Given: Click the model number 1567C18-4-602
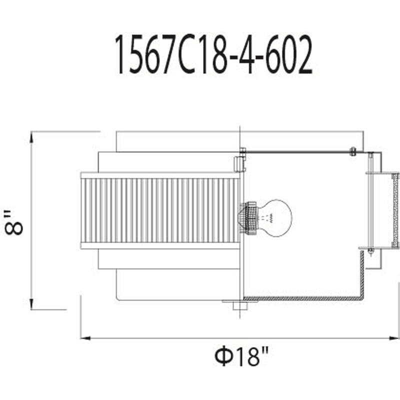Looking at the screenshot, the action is point(213,54).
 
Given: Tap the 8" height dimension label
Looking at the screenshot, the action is point(14,222).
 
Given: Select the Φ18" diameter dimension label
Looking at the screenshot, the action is point(241,356).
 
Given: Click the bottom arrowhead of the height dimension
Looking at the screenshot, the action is point(31,304).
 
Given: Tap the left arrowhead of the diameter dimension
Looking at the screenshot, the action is point(85,338).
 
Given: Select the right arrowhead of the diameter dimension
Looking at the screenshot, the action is point(393,338).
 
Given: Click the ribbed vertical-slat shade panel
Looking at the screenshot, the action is point(160,210).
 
